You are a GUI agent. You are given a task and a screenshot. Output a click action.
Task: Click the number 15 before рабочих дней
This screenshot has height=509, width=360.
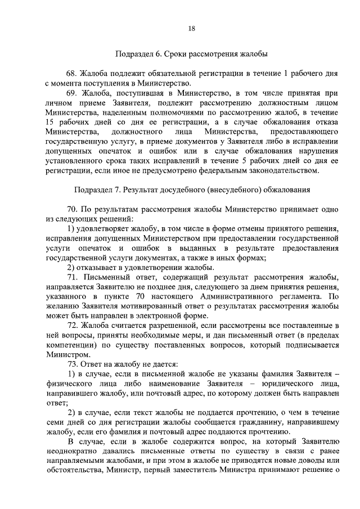(x=49, y=122)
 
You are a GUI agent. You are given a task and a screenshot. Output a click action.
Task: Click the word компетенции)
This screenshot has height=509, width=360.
(x=66, y=345)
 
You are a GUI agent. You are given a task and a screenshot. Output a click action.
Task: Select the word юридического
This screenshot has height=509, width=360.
(x=276, y=384)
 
